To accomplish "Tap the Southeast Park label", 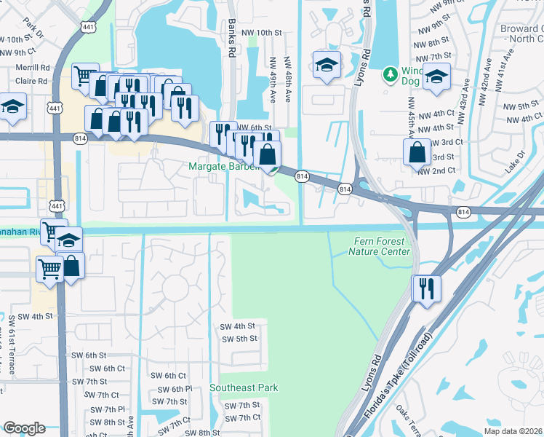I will [244, 388].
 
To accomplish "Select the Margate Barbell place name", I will [224, 167].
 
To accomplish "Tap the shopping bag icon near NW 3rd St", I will [417, 151].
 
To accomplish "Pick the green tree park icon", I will [391, 74].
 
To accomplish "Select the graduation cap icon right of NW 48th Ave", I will [327, 64].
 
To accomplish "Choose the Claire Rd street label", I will [31, 82].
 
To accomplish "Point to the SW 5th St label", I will [239, 339].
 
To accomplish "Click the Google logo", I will [24, 428].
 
